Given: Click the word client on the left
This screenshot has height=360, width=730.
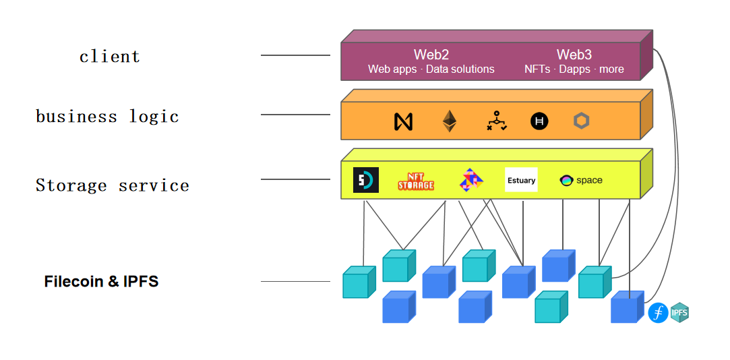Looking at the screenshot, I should pos(109,56).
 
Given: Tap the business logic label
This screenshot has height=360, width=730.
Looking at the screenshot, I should pos(107,117).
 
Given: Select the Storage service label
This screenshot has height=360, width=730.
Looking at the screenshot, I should pos(112,185).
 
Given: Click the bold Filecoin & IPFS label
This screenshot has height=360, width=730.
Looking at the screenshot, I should pos(101,282).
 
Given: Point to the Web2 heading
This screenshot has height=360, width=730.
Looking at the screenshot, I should pos(431,55).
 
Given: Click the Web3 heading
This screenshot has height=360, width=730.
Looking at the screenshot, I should pos(574,55).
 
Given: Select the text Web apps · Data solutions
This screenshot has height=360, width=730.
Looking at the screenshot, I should pos(431,69).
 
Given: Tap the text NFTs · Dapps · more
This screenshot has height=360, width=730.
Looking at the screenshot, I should pos(574,69).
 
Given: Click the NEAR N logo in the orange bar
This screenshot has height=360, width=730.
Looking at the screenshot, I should pos(403,121).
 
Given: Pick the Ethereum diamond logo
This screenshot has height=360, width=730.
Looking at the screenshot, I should pos(449,121).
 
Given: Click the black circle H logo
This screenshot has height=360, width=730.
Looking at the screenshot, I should pos(539,121).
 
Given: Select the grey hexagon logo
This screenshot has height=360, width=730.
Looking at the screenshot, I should pos(581,121).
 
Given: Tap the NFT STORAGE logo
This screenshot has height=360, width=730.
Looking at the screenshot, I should pos(415,181).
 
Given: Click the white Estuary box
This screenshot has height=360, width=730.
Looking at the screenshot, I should pos(521,180).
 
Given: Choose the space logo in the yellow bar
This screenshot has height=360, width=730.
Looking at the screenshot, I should pos(580,180).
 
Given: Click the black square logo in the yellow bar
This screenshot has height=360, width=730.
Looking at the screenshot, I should pos(366,180).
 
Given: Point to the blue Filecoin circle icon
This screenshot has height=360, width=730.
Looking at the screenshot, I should pos(658,313).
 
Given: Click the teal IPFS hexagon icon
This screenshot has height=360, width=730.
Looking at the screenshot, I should pos(679,312).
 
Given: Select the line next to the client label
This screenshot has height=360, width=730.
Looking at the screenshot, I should pos(295,55).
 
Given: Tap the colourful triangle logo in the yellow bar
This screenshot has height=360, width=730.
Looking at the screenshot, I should pos(471,180).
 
